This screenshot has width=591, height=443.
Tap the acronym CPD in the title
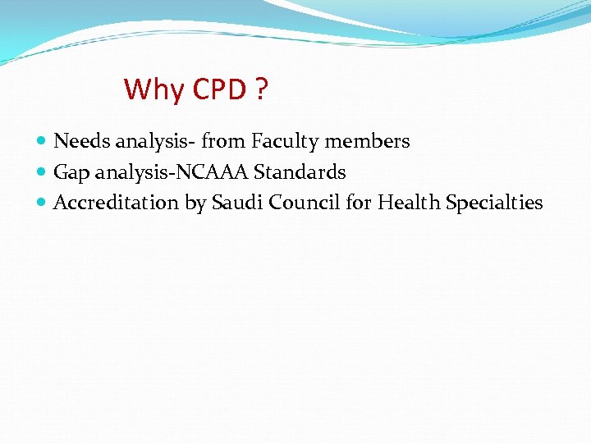pos(219,89)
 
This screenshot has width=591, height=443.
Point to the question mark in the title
pos(261,89)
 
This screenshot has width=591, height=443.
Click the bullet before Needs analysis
pos(43,142)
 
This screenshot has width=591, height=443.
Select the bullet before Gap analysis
pos(43,173)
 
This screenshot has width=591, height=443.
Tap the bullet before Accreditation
pos(43,203)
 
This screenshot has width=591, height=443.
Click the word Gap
pos(71,173)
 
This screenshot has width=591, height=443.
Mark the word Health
pos(409,203)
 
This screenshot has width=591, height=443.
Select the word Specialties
pos(494,203)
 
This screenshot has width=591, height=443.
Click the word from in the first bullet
pos(223,141)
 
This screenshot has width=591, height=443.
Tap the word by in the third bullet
pos(195,203)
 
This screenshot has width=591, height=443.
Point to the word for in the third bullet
pos(359,203)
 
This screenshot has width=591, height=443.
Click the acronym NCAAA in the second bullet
pos(217,172)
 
